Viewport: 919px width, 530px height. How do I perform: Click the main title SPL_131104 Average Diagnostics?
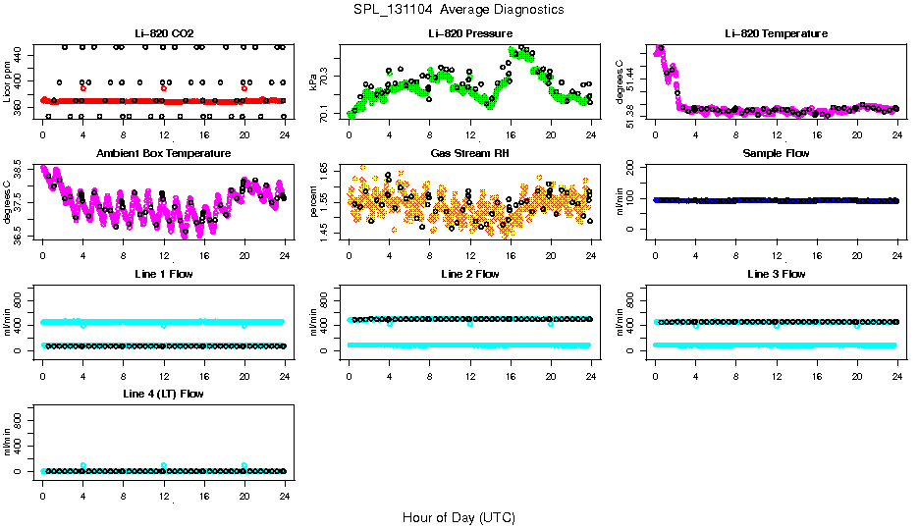pyautogui.click(x=459, y=9)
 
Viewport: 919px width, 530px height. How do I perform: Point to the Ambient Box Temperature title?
pyautogui.click(x=164, y=154)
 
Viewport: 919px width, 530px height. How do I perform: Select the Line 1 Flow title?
pyautogui.click(x=164, y=274)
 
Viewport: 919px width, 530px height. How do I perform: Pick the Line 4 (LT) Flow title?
pyautogui.click(x=164, y=395)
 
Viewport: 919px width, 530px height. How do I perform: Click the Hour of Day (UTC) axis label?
pyautogui.click(x=459, y=517)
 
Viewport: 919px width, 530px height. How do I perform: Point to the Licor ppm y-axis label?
pyautogui.click(x=8, y=82)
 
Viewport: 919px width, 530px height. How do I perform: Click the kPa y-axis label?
pyautogui.click(x=314, y=82)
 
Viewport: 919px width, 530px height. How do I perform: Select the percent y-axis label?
pyautogui.click(x=314, y=202)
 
